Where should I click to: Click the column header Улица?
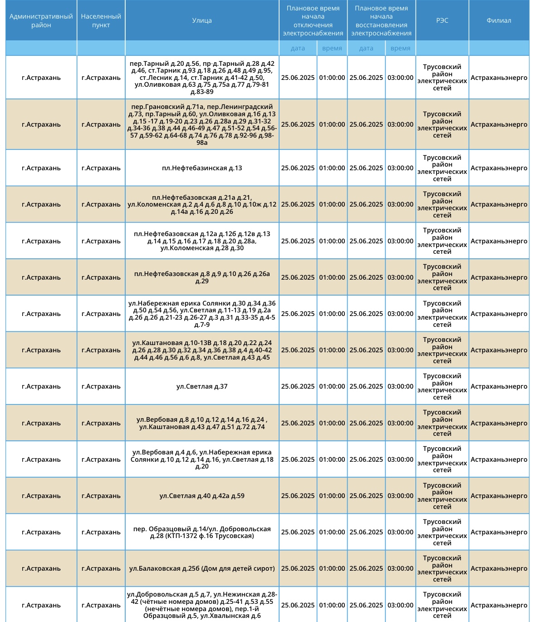click(202, 20)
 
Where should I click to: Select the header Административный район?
click(41, 20)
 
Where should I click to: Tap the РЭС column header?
click(442, 20)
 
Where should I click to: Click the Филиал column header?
click(499, 20)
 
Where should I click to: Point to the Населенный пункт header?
click(101, 20)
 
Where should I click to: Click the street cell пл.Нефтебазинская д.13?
click(202, 168)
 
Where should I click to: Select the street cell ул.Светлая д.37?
click(202, 386)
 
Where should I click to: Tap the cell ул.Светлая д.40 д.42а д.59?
click(202, 496)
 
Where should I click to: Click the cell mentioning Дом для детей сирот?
click(202, 568)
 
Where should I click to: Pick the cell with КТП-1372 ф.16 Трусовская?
click(202, 532)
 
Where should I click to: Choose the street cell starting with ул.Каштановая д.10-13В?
click(202, 350)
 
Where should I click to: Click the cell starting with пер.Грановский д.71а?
click(202, 124)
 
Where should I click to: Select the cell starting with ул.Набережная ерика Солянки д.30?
click(202, 314)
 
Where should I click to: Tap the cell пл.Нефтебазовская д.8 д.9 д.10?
click(202, 277)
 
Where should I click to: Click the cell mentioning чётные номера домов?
click(202, 605)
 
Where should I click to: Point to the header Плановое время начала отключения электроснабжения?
click(313, 20)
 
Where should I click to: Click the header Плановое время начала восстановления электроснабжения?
click(381, 20)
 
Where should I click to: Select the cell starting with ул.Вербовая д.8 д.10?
click(202, 423)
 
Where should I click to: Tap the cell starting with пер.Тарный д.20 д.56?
click(202, 78)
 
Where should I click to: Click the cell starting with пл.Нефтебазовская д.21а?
click(202, 204)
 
